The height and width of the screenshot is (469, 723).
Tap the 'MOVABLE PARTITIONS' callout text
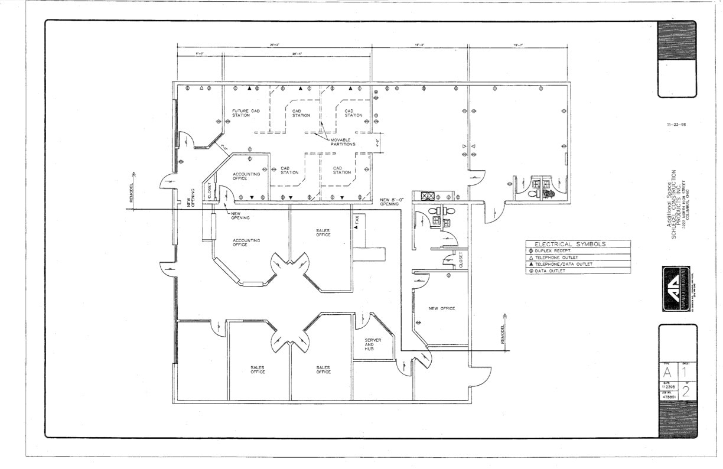343,142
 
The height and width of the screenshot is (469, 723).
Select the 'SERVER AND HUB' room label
373,344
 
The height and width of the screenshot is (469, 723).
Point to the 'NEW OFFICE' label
441,308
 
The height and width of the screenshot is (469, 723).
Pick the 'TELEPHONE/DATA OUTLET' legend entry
564,264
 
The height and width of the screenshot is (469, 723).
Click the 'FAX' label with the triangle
356,223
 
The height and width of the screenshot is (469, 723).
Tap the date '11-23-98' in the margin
676,125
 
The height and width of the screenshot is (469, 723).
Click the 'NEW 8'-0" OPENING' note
389,201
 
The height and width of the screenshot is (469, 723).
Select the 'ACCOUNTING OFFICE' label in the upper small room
243,176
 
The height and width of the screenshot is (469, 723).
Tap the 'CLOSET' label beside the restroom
461,259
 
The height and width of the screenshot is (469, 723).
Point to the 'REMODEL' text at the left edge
132,190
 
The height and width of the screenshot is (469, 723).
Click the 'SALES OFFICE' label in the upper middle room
323,233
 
